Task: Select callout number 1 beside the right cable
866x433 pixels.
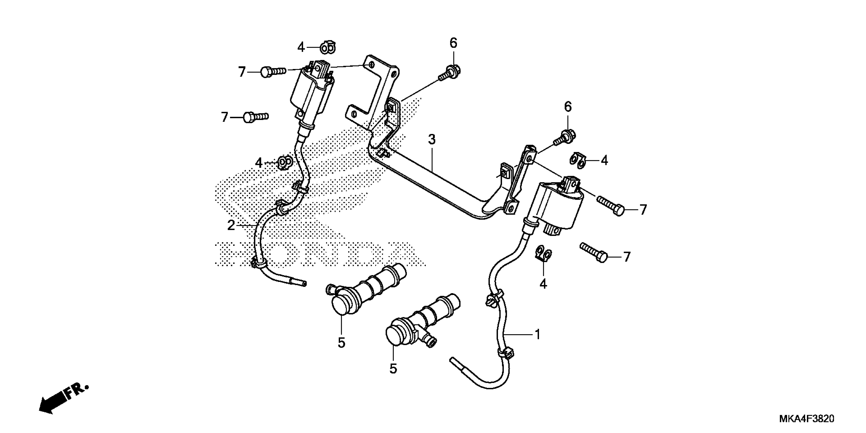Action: (537, 334)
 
